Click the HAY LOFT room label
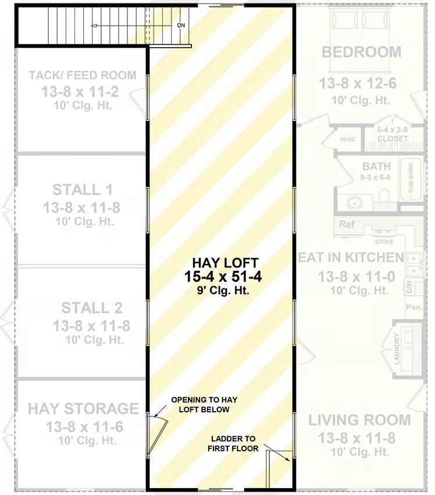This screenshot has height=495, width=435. (x=225, y=263)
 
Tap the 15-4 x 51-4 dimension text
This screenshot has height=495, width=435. (x=223, y=277)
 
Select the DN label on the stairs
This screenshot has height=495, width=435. (x=181, y=25)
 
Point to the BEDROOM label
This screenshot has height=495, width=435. (x=361, y=52)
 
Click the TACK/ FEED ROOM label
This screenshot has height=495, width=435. (x=83, y=75)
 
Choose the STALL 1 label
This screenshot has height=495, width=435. (x=83, y=190)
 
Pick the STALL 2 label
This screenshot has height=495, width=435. (x=92, y=308)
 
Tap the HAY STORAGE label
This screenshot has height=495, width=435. (x=83, y=408)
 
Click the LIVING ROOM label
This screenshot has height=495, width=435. (x=359, y=420)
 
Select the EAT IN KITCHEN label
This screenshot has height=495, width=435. (x=351, y=257)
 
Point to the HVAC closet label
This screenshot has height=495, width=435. (x=347, y=140)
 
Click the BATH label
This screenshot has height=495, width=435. (x=376, y=166)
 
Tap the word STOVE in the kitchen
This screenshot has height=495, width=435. (x=384, y=242)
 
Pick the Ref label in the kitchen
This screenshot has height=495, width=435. (x=347, y=224)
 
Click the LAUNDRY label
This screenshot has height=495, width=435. (x=397, y=349)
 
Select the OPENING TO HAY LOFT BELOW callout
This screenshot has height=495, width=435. (x=204, y=404)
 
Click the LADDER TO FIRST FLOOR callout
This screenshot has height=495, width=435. (x=233, y=443)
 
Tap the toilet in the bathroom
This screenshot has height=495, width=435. (x=384, y=196)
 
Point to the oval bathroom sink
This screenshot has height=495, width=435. (x=355, y=203)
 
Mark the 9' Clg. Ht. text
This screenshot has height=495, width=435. (x=223, y=290)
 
